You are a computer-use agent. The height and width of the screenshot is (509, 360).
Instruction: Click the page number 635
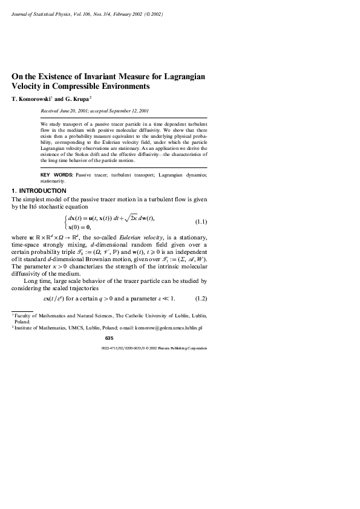pyautogui.click(x=109, y=338)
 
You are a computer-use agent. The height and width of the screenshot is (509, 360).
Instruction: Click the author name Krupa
pyautogui.click(x=80, y=98)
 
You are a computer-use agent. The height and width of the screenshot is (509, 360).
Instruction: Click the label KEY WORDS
pyautogui.click(x=57, y=175)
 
